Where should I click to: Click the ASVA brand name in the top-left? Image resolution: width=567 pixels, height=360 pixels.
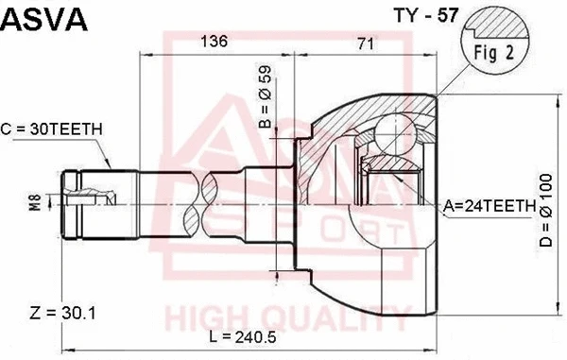45,19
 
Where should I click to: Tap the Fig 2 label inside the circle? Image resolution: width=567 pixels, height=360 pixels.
495,53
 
